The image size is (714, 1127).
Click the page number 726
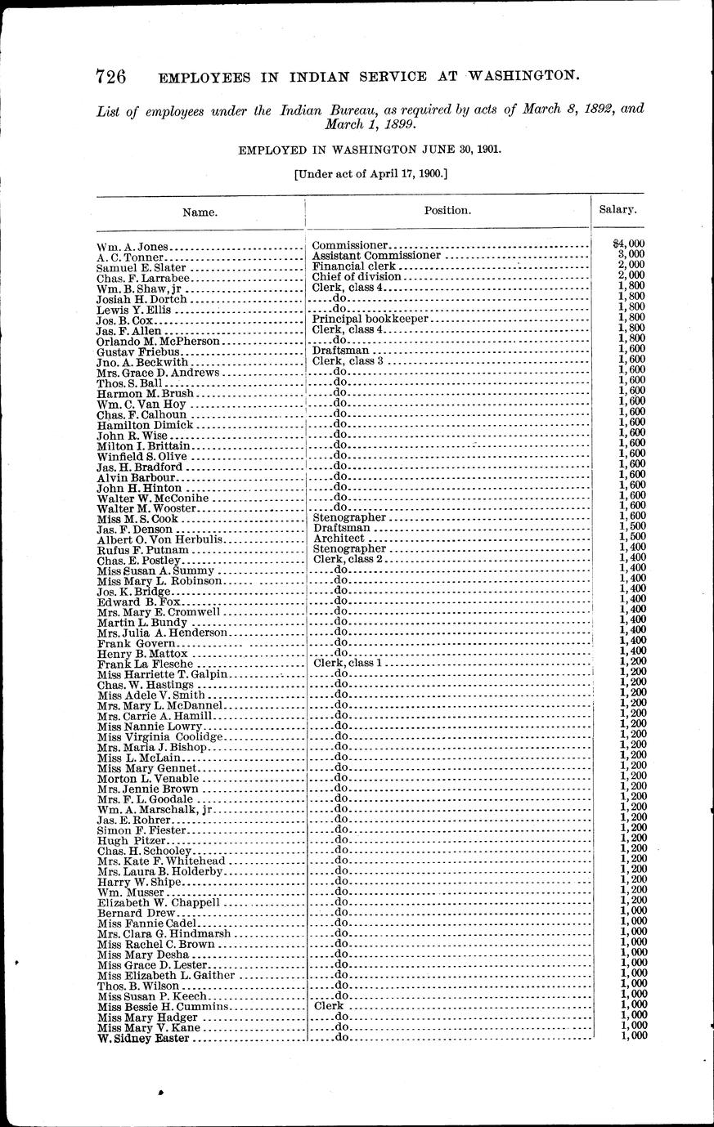click(110, 77)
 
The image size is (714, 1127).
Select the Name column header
click(200, 212)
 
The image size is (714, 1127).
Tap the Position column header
click(447, 210)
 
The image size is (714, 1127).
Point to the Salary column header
click(617, 209)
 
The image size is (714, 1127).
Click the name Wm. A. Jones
click(132, 246)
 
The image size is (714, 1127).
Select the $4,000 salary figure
click(629, 244)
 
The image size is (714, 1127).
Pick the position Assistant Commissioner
click(376, 255)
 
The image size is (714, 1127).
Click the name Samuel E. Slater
click(141, 267)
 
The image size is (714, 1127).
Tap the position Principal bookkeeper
click(371, 319)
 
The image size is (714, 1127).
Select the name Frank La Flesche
click(139, 664)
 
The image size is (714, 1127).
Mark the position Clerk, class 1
click(348, 663)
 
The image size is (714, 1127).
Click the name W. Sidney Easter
click(143, 1038)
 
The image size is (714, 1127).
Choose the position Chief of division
click(357, 276)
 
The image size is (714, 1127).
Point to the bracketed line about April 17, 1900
click(370, 173)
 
